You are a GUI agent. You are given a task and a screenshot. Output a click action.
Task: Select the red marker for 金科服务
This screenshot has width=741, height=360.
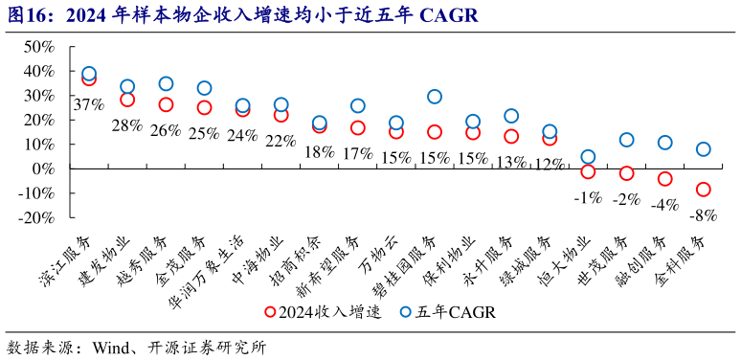point(704,190)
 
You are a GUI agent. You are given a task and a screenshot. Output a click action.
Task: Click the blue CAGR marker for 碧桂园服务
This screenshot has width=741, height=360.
point(435,97)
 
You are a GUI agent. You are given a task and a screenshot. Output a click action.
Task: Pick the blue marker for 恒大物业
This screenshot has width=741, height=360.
point(588,157)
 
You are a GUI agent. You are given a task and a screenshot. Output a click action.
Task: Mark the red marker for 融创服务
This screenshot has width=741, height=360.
point(665,179)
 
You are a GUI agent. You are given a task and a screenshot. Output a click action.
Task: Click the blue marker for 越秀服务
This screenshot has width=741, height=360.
point(166,84)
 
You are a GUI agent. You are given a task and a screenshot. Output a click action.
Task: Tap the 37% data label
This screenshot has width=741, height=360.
point(88,104)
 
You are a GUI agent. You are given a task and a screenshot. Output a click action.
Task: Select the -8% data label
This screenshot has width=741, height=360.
point(704,215)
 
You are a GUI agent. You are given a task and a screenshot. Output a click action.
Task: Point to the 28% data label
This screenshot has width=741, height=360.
point(126,125)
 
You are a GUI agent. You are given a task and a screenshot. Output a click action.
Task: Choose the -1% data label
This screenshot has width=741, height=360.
point(587,198)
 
